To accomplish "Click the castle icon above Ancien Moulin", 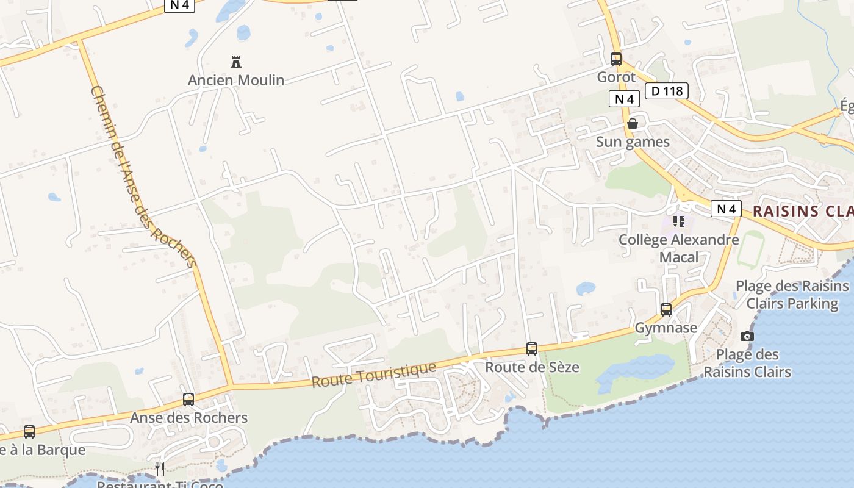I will click(236, 62).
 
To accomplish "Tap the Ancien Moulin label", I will click(236, 80).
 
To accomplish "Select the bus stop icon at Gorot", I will click(616, 59).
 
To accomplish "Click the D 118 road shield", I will click(667, 91).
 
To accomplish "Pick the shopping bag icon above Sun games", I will click(633, 124).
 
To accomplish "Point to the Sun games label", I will click(633, 142).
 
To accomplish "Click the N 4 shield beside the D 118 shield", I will click(624, 99).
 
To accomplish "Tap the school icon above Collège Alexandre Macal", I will click(679, 221).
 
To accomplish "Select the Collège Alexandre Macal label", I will click(679, 248).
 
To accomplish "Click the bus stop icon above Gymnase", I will click(666, 310).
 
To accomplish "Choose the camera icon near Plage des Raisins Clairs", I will click(747, 336).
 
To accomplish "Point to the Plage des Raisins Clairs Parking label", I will click(792, 295).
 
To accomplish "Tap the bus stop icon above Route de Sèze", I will click(532, 349).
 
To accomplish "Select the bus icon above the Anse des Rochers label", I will click(188, 400).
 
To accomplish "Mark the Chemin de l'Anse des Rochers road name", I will click(144, 177).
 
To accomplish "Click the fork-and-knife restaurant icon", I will click(160, 468).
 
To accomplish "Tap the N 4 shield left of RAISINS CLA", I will click(726, 209).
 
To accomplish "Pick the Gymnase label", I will click(666, 328).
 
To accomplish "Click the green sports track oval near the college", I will click(751, 249).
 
